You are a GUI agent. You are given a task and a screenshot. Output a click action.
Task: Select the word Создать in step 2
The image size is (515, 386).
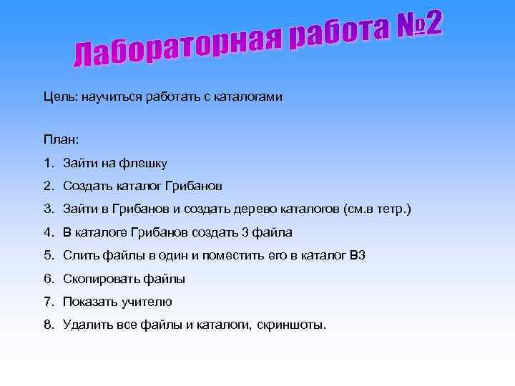point(86,187)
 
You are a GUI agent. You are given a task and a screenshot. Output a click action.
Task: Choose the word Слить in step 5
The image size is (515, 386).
point(79,255)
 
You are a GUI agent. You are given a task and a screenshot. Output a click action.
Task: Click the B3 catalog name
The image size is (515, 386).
point(358,255)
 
